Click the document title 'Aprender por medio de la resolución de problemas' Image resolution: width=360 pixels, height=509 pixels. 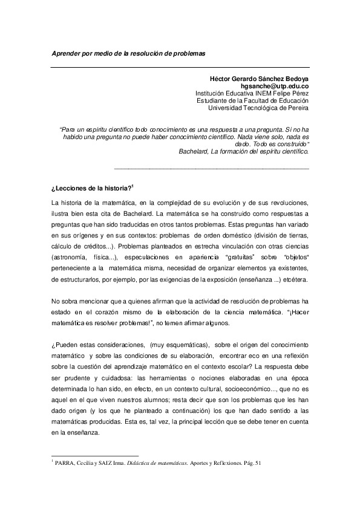pos(128,53)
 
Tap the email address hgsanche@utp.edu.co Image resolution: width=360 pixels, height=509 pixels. pos(275,86)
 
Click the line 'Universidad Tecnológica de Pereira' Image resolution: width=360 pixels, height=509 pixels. pos(258,108)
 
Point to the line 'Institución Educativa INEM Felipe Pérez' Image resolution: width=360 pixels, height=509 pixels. pos(252,94)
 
